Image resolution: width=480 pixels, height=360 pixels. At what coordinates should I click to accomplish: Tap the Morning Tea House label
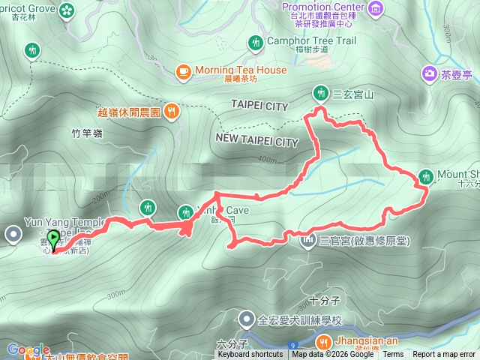(x=240, y=70)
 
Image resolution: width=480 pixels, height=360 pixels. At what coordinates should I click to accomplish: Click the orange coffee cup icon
(x=183, y=71)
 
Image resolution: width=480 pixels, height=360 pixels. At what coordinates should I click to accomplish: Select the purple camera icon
(x=430, y=73)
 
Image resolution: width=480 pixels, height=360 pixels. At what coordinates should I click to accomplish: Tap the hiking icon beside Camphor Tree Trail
(x=256, y=41)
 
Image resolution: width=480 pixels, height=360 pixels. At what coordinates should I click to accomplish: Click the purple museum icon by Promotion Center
(x=376, y=9)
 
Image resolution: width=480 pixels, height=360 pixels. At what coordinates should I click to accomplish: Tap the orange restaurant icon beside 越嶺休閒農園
(x=172, y=112)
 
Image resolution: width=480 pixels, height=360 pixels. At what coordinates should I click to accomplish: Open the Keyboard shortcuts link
(x=250, y=355)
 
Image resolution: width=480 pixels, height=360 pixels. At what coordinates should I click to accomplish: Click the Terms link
(x=393, y=355)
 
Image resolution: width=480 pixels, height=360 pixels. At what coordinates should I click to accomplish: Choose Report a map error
(x=444, y=355)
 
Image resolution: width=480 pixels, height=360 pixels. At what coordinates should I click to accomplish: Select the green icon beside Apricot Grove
(x=68, y=10)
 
